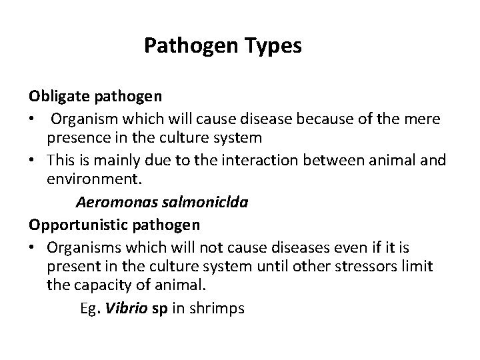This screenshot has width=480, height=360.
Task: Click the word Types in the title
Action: [x=269, y=47]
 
